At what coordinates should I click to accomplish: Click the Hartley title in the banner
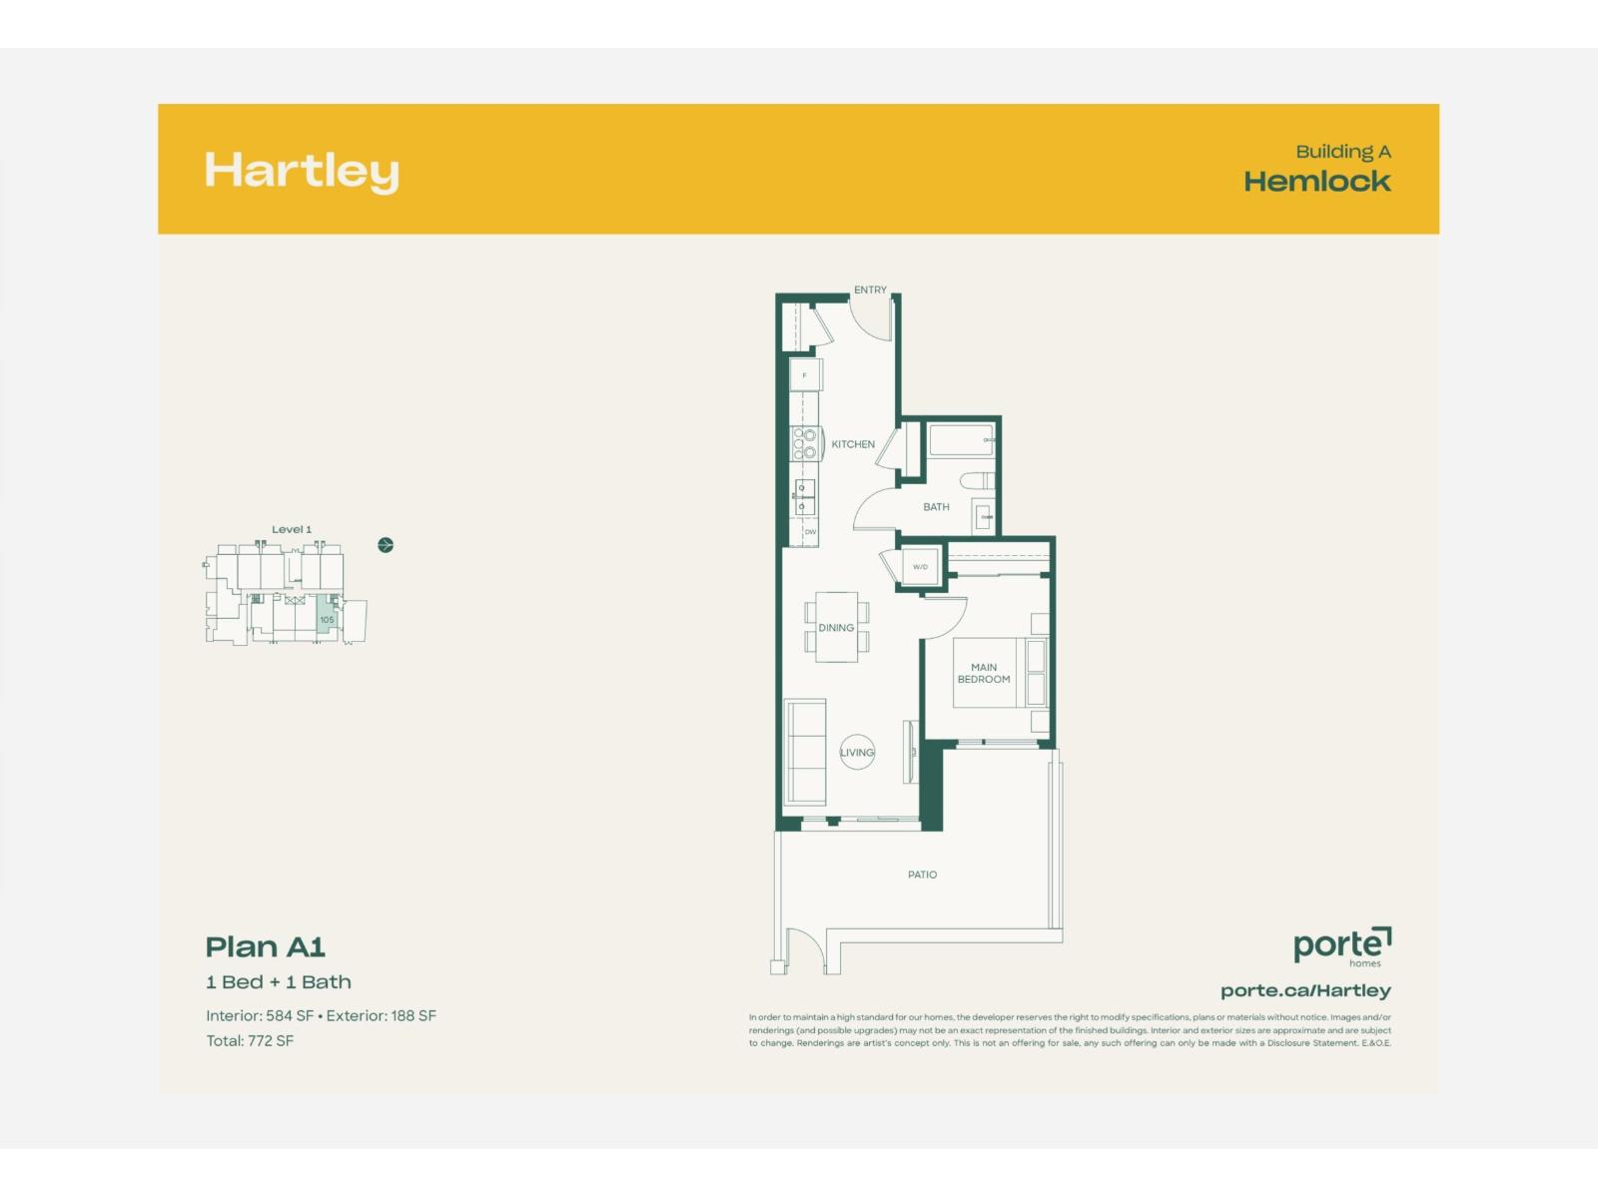click(302, 172)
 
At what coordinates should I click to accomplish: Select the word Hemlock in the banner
click(1316, 182)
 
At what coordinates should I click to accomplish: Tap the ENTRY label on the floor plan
click(870, 290)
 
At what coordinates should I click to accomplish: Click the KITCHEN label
click(853, 444)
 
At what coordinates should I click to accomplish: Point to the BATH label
click(936, 507)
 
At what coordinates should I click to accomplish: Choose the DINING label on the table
click(836, 628)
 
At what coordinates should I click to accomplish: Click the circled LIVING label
click(857, 753)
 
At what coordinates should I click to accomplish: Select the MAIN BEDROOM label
click(984, 674)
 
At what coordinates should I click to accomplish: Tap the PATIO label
click(922, 875)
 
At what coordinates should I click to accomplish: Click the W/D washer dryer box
click(921, 567)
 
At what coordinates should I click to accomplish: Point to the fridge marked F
click(805, 375)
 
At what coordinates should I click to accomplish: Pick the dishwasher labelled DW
click(810, 532)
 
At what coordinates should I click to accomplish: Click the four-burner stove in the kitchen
click(805, 444)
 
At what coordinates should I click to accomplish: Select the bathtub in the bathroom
click(961, 440)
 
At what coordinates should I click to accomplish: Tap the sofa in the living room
click(805, 752)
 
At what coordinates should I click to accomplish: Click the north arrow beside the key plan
click(386, 545)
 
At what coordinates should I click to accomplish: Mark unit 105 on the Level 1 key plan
click(327, 619)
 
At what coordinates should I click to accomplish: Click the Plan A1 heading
click(265, 946)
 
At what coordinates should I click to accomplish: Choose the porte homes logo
click(1341, 945)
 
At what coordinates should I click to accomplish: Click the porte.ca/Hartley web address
click(1305, 990)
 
